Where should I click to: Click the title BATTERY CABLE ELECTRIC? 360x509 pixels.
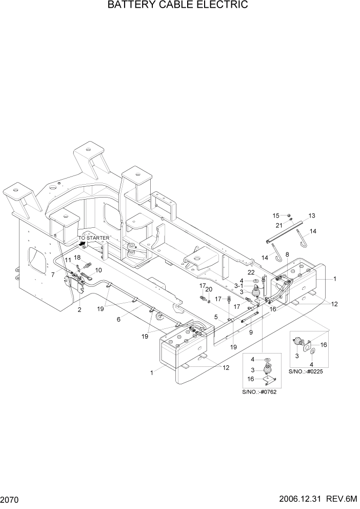coord(178,6)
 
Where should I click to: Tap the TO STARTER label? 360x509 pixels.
coord(93,238)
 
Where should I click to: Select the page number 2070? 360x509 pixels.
coord(10,499)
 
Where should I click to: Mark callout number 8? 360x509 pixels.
coord(287,254)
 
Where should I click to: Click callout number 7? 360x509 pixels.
coord(52,275)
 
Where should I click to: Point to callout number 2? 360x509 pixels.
coord(79,310)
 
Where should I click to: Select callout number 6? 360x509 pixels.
coord(119,319)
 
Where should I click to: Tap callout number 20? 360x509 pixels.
coord(209,289)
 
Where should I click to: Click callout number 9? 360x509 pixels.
coord(250,332)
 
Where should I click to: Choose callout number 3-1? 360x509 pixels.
coord(238,286)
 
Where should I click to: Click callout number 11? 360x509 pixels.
coord(67,261)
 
